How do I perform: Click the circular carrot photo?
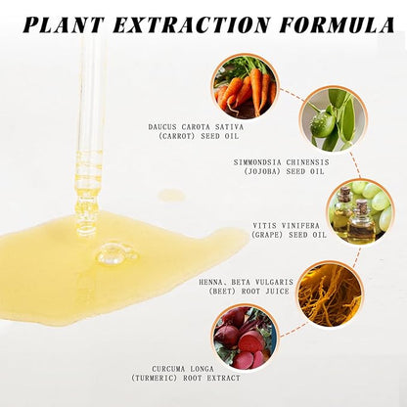pos(245,86)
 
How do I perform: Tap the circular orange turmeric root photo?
pos(330,294)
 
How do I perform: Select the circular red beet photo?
pos(245,338)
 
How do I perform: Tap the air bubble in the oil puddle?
pos(114,254)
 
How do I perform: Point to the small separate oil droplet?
pos(171,195)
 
